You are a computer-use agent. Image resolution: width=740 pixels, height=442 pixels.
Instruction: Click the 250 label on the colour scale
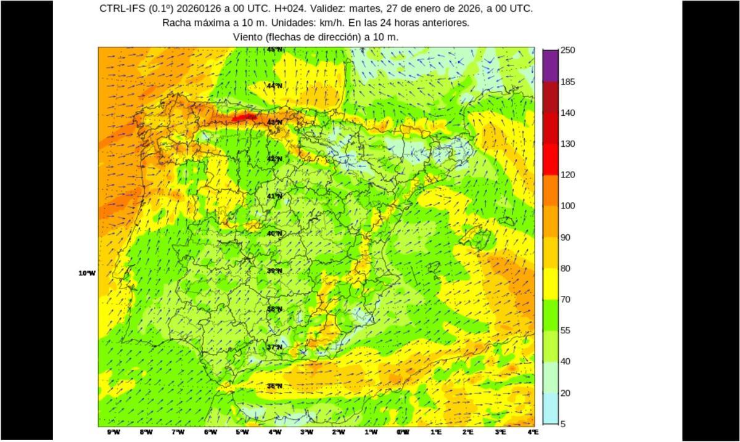567,50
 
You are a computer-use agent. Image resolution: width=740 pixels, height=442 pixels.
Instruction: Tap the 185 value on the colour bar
567,81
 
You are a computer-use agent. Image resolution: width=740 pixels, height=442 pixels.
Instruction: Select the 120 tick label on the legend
567,174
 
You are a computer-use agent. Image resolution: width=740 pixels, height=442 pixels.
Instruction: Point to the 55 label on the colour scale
565,330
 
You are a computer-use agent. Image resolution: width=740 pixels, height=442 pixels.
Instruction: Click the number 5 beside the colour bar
562,424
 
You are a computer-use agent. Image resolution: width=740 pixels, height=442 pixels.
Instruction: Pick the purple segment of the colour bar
550,65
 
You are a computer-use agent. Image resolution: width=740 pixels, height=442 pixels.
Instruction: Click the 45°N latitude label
274,49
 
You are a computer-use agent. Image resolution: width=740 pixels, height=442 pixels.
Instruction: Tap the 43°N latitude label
274,122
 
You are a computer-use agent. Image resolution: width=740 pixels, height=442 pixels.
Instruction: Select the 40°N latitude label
274,234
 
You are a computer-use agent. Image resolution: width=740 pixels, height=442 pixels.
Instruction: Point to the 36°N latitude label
274,386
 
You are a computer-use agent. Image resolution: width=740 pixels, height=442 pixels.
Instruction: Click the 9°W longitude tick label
113,432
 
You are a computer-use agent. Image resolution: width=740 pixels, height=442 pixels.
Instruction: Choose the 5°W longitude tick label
242,432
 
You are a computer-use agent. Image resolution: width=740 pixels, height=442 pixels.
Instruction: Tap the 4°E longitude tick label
533,432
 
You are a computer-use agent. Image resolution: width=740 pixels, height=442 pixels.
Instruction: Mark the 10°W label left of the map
87,273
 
